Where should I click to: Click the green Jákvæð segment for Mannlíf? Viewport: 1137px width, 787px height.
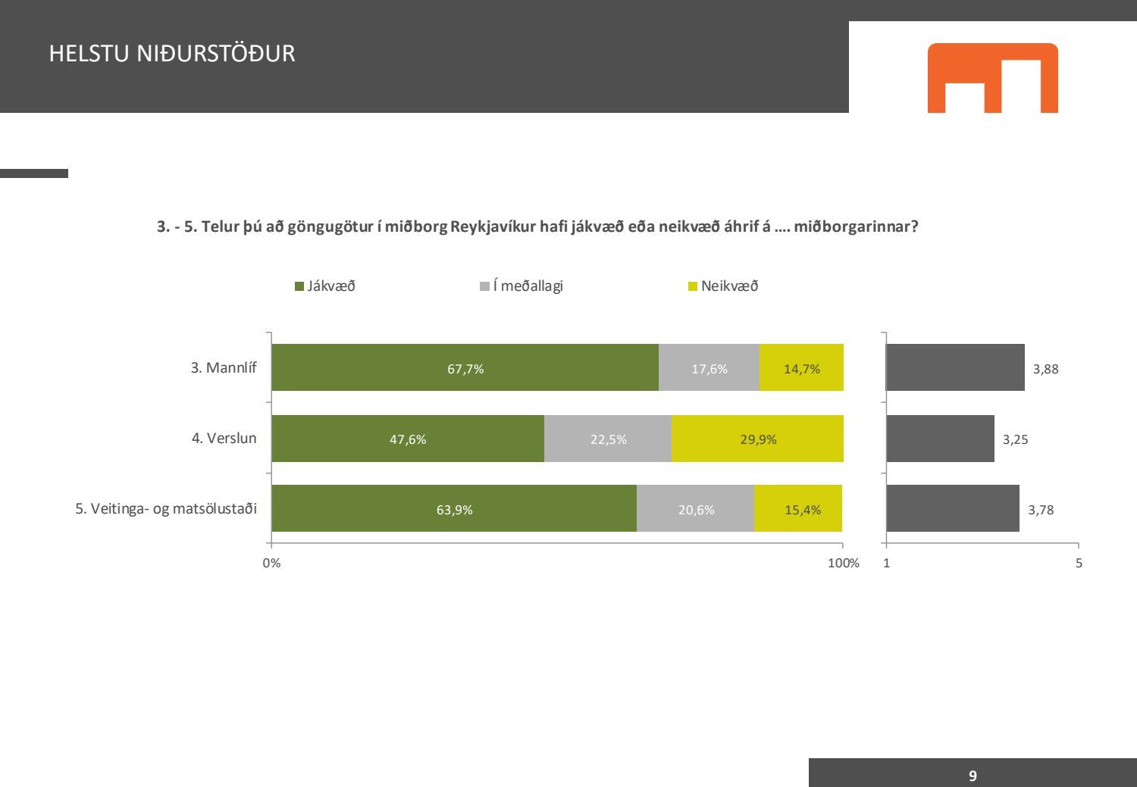[465, 368]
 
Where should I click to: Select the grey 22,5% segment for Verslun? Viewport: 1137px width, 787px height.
[608, 439]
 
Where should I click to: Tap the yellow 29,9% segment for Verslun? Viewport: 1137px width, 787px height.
[757, 439]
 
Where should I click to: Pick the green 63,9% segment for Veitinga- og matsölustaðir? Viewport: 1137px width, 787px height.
[454, 509]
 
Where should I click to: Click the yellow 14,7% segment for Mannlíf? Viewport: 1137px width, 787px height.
[801, 368]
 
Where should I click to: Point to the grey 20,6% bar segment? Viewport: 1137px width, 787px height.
[695, 509]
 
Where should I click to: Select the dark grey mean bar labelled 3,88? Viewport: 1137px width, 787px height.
[955, 368]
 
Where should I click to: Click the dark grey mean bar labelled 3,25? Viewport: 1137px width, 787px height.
[940, 439]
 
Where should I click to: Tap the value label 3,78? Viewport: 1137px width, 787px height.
[1041, 510]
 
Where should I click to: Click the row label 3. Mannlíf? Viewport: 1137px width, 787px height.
[224, 368]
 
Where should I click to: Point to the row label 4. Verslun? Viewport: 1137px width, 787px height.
[224, 439]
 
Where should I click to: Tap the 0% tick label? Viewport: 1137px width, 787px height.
[271, 563]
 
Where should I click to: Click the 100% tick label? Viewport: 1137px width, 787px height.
[843, 563]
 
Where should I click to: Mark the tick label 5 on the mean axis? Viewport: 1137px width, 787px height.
[1079, 563]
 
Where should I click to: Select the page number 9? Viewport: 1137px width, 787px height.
[973, 776]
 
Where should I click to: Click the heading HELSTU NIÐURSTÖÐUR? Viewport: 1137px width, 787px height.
[172, 54]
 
